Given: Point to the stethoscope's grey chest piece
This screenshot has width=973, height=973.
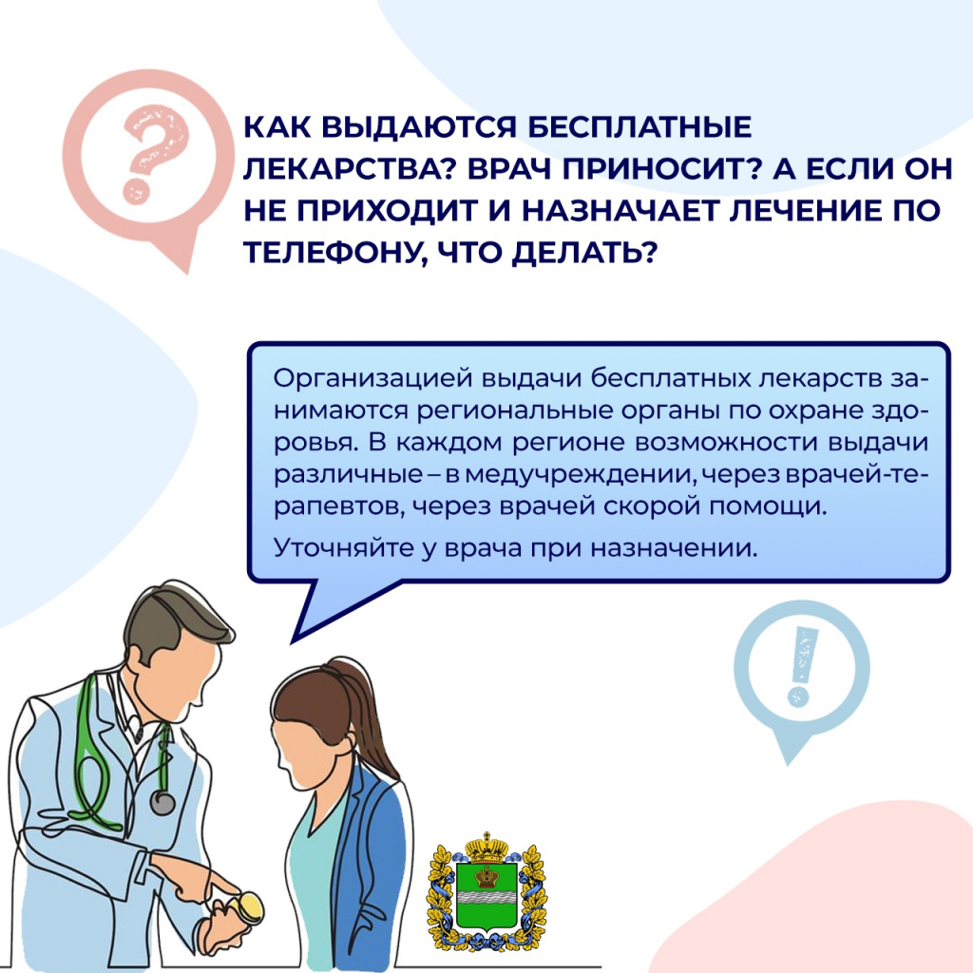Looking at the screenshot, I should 163,803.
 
